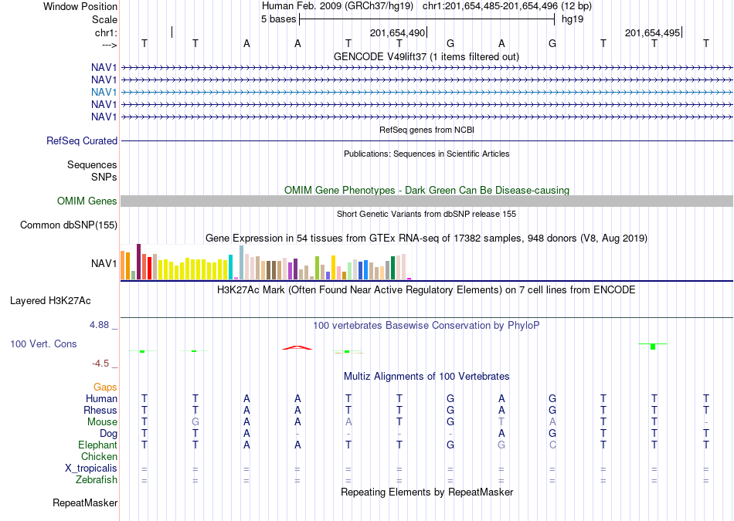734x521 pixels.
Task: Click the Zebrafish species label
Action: pyautogui.click(x=97, y=480)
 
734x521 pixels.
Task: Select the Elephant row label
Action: pyautogui.click(x=97, y=445)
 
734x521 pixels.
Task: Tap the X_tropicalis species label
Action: pyautogui.click(x=91, y=469)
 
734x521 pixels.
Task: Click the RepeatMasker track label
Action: pyautogui.click(x=85, y=502)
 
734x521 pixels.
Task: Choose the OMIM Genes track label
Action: pyautogui.click(x=87, y=201)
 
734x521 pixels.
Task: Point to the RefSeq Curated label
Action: pyautogui.click(x=82, y=140)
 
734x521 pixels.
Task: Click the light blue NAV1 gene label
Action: pyautogui.click(x=104, y=92)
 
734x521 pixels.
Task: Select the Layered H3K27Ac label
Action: pyautogui.click(x=50, y=301)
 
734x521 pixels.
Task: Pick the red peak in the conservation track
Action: pyautogui.click(x=297, y=347)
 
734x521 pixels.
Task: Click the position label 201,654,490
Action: pyautogui.click(x=397, y=32)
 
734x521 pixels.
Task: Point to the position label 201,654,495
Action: pyautogui.click(x=652, y=32)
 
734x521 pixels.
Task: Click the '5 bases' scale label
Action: pyautogui.click(x=278, y=19)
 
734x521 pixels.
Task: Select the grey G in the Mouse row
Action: pyautogui.click(x=195, y=422)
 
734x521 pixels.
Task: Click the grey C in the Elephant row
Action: pyautogui.click(x=552, y=445)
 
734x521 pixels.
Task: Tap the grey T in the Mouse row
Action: pyautogui.click(x=501, y=422)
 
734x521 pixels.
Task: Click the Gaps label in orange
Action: pyautogui.click(x=105, y=387)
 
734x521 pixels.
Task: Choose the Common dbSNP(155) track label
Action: pyautogui.click(x=69, y=225)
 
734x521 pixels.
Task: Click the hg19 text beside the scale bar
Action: pyautogui.click(x=573, y=19)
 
